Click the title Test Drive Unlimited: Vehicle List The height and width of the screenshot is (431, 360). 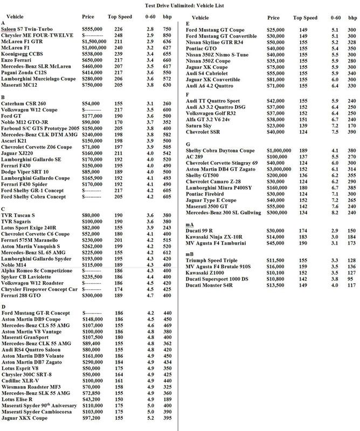coord(180,5)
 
